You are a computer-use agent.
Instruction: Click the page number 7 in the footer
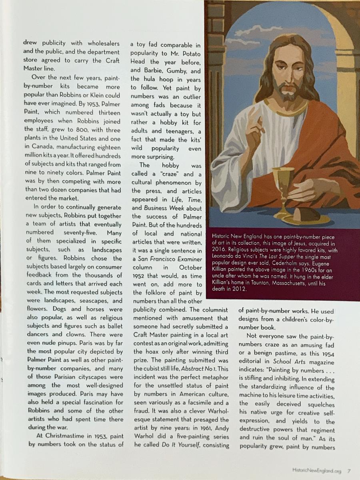click(x=349, y=470)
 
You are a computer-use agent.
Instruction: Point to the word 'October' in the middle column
click(x=190, y=267)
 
